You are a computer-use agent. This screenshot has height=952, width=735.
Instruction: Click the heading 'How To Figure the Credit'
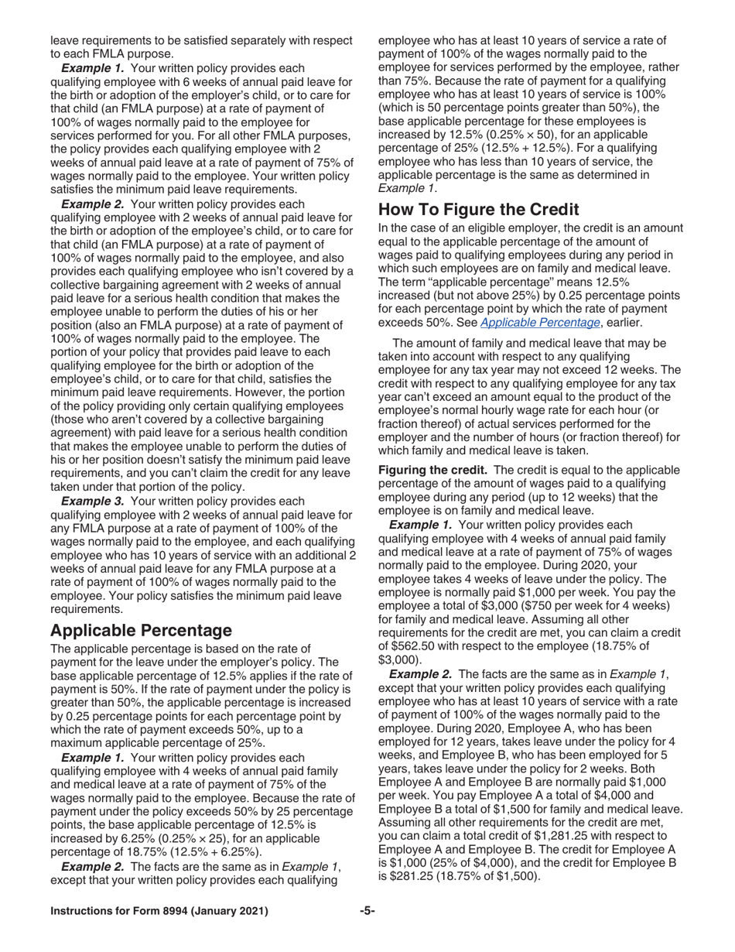(x=478, y=210)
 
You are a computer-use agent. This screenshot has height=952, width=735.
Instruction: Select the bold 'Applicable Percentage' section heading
(x=141, y=630)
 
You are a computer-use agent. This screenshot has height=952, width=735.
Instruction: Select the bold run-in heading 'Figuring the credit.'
(x=432, y=470)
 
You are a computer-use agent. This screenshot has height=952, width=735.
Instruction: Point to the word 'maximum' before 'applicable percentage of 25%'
(x=80, y=742)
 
